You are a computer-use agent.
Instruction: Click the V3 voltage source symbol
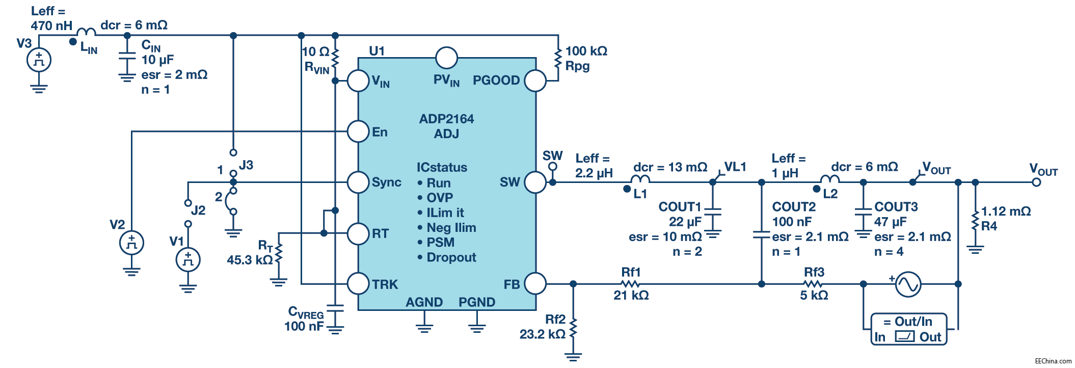coord(39,60)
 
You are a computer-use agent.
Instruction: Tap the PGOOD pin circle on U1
coord(535,81)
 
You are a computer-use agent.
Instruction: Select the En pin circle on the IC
coord(358,132)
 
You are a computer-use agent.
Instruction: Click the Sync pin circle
coord(358,182)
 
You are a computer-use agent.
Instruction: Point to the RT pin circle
coord(358,233)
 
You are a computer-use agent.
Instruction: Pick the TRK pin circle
coord(358,283)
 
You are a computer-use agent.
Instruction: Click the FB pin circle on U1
coord(535,283)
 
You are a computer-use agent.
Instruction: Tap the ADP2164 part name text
coord(446,119)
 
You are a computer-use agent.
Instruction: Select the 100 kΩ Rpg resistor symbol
coord(558,59)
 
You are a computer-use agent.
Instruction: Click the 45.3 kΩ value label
coord(250,260)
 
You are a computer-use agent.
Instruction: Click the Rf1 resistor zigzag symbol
coord(630,283)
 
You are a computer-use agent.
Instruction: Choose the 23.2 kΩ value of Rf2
coord(542,334)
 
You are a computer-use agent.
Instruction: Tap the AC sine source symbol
coord(908,284)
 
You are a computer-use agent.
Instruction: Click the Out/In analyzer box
coord(908,329)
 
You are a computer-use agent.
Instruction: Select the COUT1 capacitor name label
coord(680,207)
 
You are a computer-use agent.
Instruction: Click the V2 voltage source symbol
coord(131,243)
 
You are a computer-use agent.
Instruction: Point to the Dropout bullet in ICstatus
coord(451,257)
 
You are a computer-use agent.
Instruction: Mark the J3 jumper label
coord(246,165)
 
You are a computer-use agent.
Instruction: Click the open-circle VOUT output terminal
coord(1036,182)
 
